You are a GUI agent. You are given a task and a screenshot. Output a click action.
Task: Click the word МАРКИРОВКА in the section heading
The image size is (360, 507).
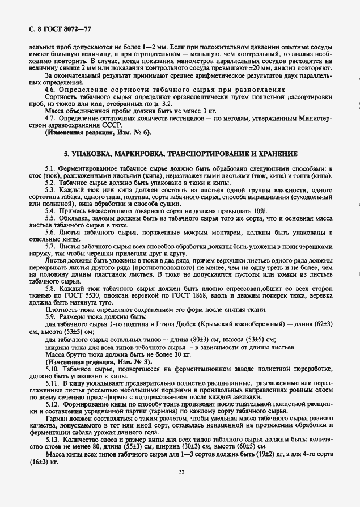click(141, 154)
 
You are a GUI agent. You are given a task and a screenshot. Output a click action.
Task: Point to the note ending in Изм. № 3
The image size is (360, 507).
click(99, 361)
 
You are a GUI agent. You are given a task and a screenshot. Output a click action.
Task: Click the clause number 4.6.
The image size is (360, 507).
click(52, 90)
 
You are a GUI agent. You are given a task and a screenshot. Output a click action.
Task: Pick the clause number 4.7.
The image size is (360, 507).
click(52, 118)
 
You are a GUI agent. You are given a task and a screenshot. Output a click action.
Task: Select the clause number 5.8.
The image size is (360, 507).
click(52, 289)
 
